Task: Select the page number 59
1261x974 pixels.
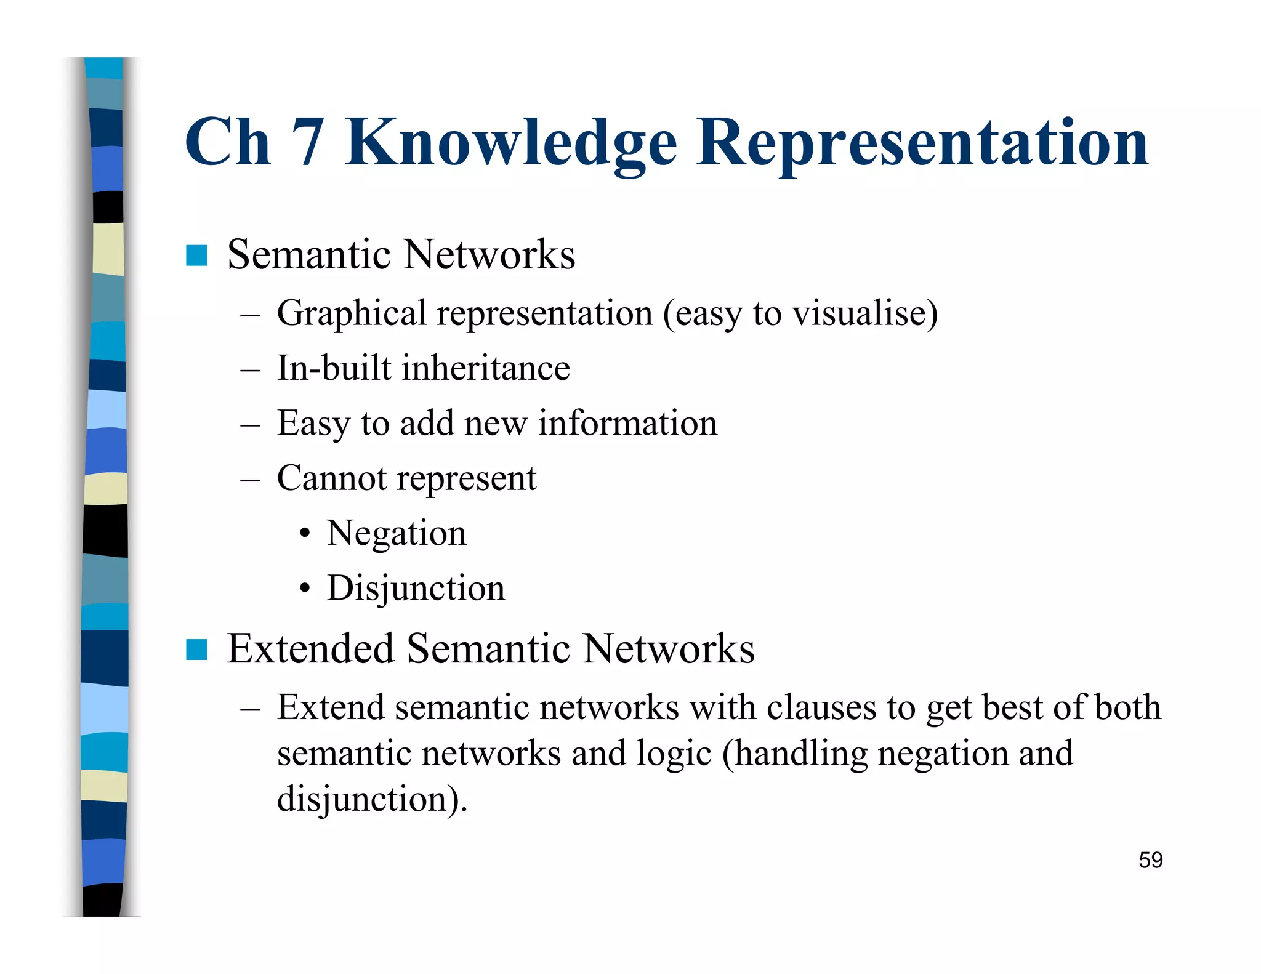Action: click(1150, 860)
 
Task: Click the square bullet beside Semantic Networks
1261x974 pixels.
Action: click(196, 256)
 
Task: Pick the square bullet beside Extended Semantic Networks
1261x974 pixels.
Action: click(196, 650)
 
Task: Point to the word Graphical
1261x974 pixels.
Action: click(351, 313)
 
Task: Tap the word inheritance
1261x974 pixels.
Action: click(486, 368)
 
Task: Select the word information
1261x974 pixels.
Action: click(627, 423)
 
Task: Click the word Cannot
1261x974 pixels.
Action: click(331, 478)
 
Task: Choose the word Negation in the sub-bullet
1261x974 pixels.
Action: click(397, 533)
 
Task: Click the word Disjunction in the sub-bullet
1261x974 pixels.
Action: click(416, 588)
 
